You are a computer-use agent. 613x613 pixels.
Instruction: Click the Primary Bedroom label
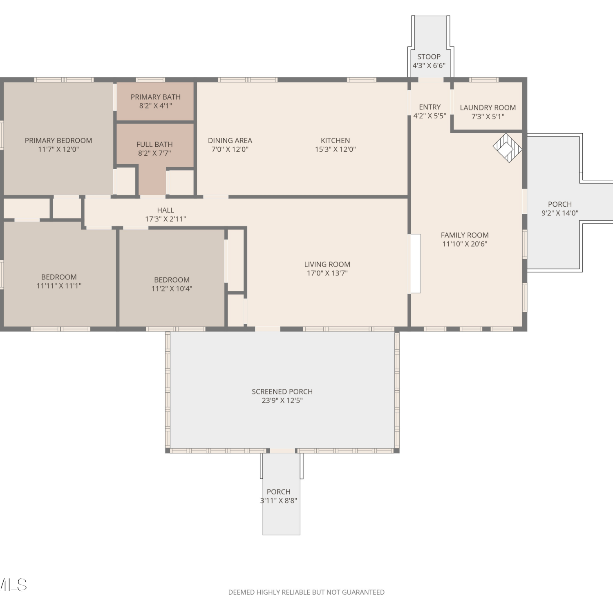tap(58, 141)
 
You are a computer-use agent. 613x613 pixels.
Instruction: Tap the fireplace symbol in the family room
tap(507, 148)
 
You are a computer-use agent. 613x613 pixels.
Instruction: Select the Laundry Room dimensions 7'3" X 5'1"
tap(488, 116)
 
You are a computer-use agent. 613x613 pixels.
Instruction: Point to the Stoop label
tap(429, 57)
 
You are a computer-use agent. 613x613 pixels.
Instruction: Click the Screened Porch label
tap(282, 392)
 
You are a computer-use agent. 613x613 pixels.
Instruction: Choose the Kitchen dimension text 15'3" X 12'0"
tap(335, 150)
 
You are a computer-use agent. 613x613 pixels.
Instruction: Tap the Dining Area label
tap(230, 141)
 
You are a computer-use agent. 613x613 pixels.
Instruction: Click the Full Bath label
tap(154, 144)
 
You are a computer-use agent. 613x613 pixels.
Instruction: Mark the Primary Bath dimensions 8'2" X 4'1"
tap(155, 106)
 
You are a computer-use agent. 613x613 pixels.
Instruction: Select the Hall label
tap(166, 210)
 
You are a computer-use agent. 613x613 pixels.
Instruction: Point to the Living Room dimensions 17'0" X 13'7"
tap(327, 273)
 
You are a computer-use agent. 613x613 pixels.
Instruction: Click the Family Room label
tap(465, 235)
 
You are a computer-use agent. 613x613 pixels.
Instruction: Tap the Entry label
tap(430, 107)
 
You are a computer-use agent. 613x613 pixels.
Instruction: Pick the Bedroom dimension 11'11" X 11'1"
tap(59, 286)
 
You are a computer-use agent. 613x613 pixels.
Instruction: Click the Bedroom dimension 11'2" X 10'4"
tap(172, 289)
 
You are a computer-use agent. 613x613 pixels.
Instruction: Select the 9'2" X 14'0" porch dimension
tap(560, 213)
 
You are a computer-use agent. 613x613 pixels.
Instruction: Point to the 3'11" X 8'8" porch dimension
tap(279, 501)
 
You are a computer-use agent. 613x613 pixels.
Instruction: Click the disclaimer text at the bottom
tap(306, 592)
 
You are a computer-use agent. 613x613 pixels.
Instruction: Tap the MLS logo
tap(13, 585)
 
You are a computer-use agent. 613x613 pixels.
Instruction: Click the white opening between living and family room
tap(416, 263)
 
